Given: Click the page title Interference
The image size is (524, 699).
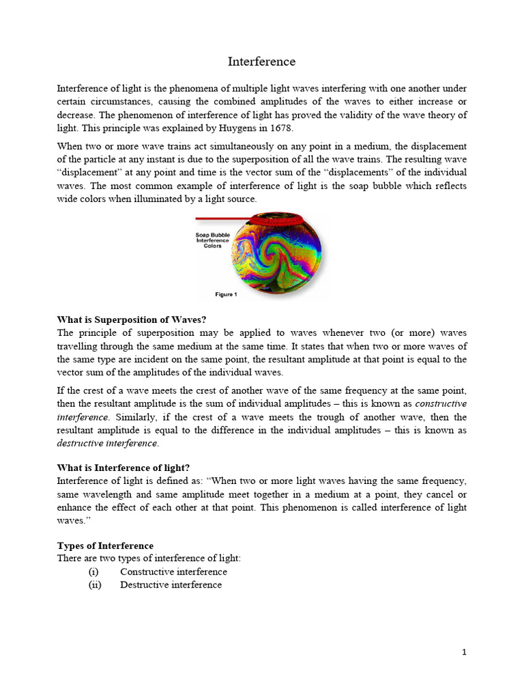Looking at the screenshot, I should click(x=261, y=62).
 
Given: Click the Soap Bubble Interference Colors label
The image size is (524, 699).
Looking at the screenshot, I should click(x=213, y=240).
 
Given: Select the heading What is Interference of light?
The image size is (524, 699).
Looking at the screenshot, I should click(x=123, y=468).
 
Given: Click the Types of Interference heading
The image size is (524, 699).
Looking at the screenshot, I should click(x=105, y=546).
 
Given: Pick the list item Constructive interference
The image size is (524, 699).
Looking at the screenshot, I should click(x=173, y=572).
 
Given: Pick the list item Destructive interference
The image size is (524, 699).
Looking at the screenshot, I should click(x=171, y=585).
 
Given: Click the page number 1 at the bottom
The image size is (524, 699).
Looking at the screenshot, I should click(x=465, y=653).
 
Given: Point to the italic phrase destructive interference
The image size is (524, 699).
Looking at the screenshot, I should click(x=106, y=444).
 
